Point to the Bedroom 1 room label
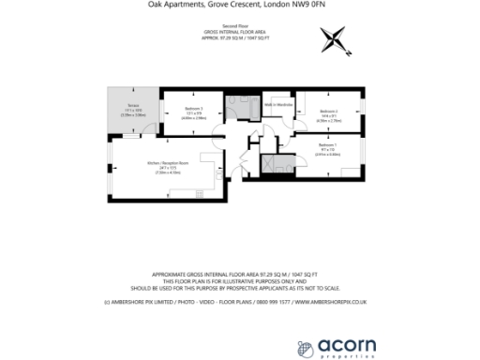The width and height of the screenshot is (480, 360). coord(326,145)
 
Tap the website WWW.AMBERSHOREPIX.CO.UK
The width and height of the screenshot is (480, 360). coord(332,303)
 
